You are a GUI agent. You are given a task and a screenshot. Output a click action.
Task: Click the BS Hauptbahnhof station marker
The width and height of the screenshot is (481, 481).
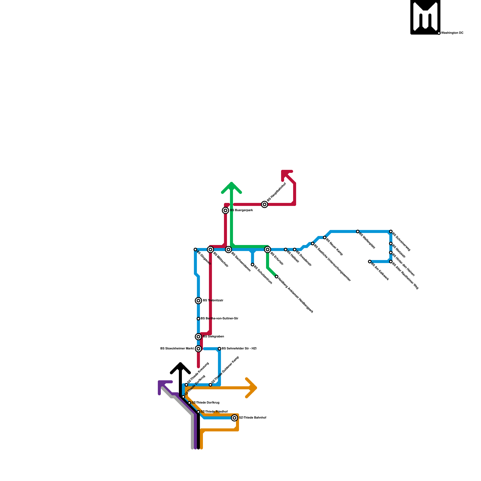pos(265,204)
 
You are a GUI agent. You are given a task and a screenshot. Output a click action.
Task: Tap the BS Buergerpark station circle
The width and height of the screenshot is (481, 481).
pos(225,210)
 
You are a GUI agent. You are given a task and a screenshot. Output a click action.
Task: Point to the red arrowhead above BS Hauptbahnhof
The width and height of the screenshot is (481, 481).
pos(285,174)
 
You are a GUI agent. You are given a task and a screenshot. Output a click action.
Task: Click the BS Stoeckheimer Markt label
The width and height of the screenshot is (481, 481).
pos(177,349)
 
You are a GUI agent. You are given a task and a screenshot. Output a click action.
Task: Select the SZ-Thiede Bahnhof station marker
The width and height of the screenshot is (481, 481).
pos(234,418)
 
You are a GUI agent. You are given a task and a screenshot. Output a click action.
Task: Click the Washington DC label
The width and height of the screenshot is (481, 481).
pos(452,33)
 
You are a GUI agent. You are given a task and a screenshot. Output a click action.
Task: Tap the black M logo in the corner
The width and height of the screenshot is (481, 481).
pos(425,17)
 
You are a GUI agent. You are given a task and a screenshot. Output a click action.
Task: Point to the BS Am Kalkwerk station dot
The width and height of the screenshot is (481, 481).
pos(370,262)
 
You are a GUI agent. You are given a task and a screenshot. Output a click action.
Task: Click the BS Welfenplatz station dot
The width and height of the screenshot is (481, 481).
pos(358,231)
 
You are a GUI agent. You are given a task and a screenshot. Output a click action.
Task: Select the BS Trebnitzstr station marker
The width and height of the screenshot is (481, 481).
pos(198,301)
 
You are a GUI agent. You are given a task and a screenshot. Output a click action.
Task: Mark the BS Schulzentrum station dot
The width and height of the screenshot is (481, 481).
pos(253,265)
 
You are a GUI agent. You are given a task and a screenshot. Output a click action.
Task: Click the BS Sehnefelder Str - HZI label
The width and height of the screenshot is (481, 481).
pos(239,349)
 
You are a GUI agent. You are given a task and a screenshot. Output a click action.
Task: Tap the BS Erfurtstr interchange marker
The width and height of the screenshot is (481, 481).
pos(268,250)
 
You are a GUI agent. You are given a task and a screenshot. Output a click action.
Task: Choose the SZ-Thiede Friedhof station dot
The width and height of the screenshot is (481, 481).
pos(198,412)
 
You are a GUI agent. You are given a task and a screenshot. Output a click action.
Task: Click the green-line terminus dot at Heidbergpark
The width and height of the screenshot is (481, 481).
pos(277,277)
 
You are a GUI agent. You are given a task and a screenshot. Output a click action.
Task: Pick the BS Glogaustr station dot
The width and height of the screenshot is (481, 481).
pos(195,250)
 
